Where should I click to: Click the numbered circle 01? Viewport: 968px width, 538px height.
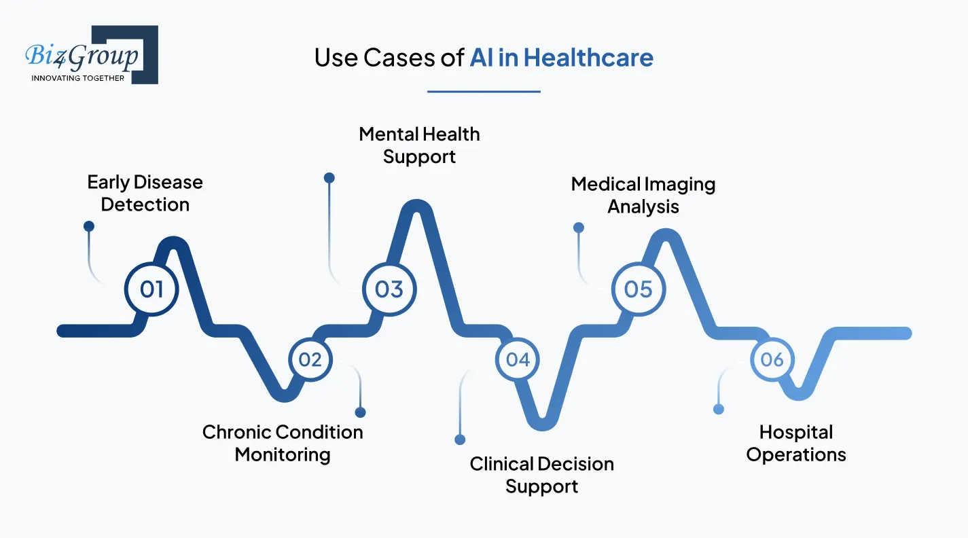[x=151, y=289]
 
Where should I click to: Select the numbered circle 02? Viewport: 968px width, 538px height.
[x=310, y=359]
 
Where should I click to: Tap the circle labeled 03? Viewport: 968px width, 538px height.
[x=389, y=289]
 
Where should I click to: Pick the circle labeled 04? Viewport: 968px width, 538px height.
[x=518, y=359]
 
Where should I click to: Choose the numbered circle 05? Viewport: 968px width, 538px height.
[x=639, y=289]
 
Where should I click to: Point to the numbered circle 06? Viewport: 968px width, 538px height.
[x=772, y=359]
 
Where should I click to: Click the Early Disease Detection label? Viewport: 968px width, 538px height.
[x=145, y=194]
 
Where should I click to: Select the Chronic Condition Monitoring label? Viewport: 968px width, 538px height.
[x=283, y=443]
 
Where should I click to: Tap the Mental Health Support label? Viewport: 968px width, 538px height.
[x=419, y=145]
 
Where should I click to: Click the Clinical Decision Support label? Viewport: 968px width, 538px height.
[x=541, y=475]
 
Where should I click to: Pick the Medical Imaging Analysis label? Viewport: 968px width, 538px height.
[x=643, y=195]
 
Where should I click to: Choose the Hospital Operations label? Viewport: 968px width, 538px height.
[x=796, y=443]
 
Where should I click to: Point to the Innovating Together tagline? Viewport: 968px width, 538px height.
[x=77, y=78]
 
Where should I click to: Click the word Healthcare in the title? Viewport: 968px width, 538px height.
[x=588, y=58]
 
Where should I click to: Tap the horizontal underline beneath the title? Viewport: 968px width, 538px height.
[x=484, y=91]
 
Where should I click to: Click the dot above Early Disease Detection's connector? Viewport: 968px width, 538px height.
[x=88, y=226]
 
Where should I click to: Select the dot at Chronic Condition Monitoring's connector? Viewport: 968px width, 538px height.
[x=360, y=412]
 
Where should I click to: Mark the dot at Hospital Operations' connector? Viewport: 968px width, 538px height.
[x=719, y=409]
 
